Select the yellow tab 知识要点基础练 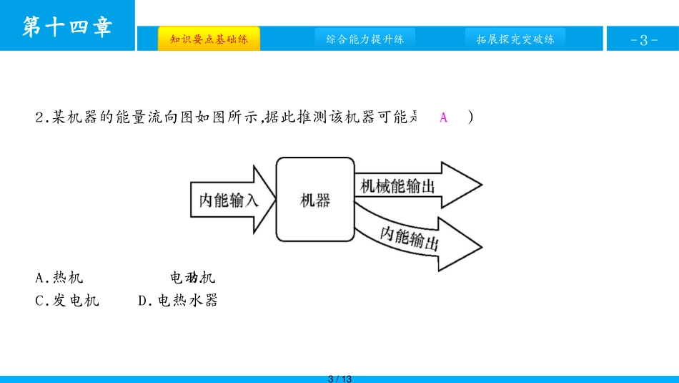point(209,39)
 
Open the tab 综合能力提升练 point(365,39)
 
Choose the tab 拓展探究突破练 point(515,39)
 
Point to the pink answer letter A point(443,118)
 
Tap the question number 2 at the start point(39,118)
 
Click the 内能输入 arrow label point(228,200)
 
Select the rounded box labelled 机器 point(314,200)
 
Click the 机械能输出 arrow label point(397,186)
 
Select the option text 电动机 point(192,278)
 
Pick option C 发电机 point(67,301)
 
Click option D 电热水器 point(178,301)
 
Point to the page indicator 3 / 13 point(339,378)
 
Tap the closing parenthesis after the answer point(470,118)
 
